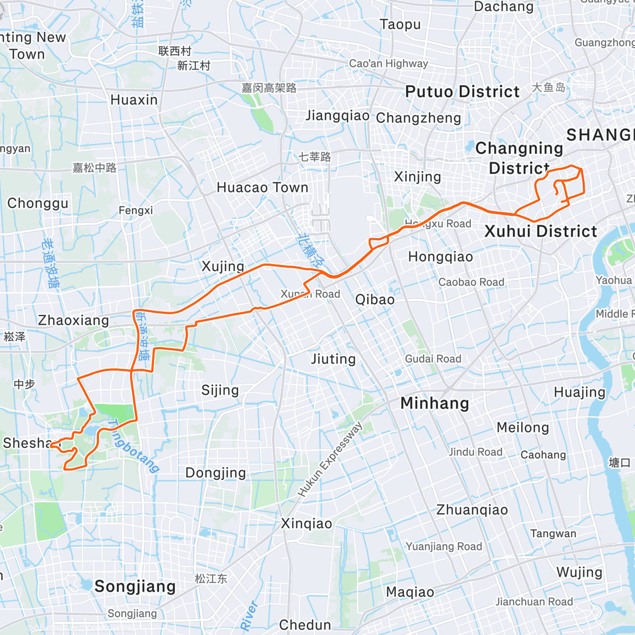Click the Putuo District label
coord(462,92)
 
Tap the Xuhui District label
coord(540,231)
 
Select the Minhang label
coord(434,403)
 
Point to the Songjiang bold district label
coord(135,586)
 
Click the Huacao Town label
coord(262,188)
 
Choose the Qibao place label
coord(375,300)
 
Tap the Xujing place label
coord(223,266)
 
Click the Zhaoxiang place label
coord(73,320)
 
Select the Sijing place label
coord(220,391)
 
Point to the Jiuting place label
coord(333,359)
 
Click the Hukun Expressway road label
coord(330,460)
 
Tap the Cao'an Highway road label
coord(388,63)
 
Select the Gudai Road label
coord(433,359)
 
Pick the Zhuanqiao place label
coord(472,510)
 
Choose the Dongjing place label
coord(215,473)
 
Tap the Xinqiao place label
coord(306,524)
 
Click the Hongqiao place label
coord(440,257)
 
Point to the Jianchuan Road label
coord(534,602)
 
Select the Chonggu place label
coord(38,203)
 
